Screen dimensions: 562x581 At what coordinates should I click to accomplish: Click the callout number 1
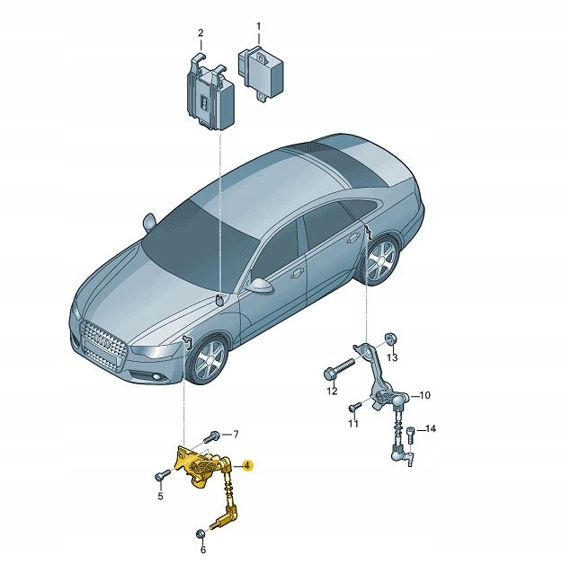(x=259, y=27)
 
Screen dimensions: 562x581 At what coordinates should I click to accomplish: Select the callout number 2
(x=201, y=33)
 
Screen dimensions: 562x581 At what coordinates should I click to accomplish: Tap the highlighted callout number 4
(x=247, y=465)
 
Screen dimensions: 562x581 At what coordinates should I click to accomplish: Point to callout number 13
(x=392, y=357)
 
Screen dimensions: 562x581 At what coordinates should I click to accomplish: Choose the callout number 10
(x=424, y=395)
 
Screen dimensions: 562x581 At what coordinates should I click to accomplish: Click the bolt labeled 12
(x=339, y=368)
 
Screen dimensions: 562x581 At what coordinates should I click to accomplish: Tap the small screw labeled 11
(x=354, y=407)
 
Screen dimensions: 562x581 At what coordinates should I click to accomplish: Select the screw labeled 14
(x=410, y=435)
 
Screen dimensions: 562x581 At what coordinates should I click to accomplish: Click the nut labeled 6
(x=201, y=534)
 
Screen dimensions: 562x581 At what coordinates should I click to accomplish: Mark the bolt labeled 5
(x=162, y=475)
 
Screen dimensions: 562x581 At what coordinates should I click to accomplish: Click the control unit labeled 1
(x=261, y=73)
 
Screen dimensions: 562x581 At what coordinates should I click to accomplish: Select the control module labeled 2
(x=210, y=92)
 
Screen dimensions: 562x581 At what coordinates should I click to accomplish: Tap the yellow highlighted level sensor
(x=207, y=481)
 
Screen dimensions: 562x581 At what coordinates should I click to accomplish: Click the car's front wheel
(x=209, y=359)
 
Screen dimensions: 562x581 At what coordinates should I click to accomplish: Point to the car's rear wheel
(x=381, y=260)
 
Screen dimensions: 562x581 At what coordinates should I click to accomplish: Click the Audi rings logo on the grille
(x=105, y=341)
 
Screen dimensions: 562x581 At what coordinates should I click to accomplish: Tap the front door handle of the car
(x=297, y=274)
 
